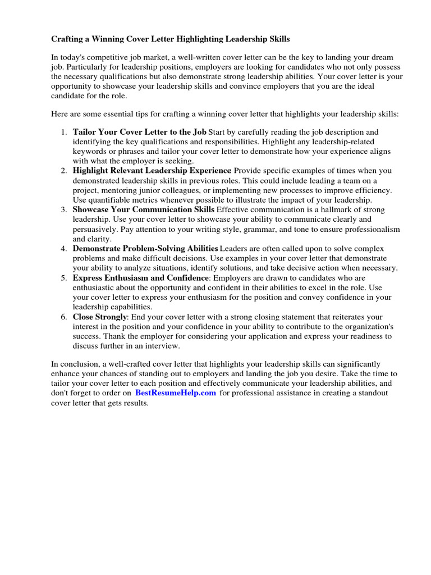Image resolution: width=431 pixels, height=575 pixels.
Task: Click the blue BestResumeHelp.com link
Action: [175, 393]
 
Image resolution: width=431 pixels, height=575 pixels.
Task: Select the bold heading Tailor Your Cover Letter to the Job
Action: [139, 132]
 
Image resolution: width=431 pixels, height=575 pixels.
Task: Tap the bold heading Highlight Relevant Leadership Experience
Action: [152, 171]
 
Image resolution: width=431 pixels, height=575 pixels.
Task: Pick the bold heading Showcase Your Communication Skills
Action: [144, 209]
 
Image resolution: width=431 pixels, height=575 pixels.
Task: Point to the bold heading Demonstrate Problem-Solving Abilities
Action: [145, 249]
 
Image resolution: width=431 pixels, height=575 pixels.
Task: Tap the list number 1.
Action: [63, 132]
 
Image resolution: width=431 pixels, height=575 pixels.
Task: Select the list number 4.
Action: [63, 249]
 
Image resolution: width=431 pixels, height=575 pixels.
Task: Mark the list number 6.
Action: [63, 317]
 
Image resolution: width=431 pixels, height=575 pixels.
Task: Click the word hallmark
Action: [333, 209]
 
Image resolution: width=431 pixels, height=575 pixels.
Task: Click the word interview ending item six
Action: [164, 346]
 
